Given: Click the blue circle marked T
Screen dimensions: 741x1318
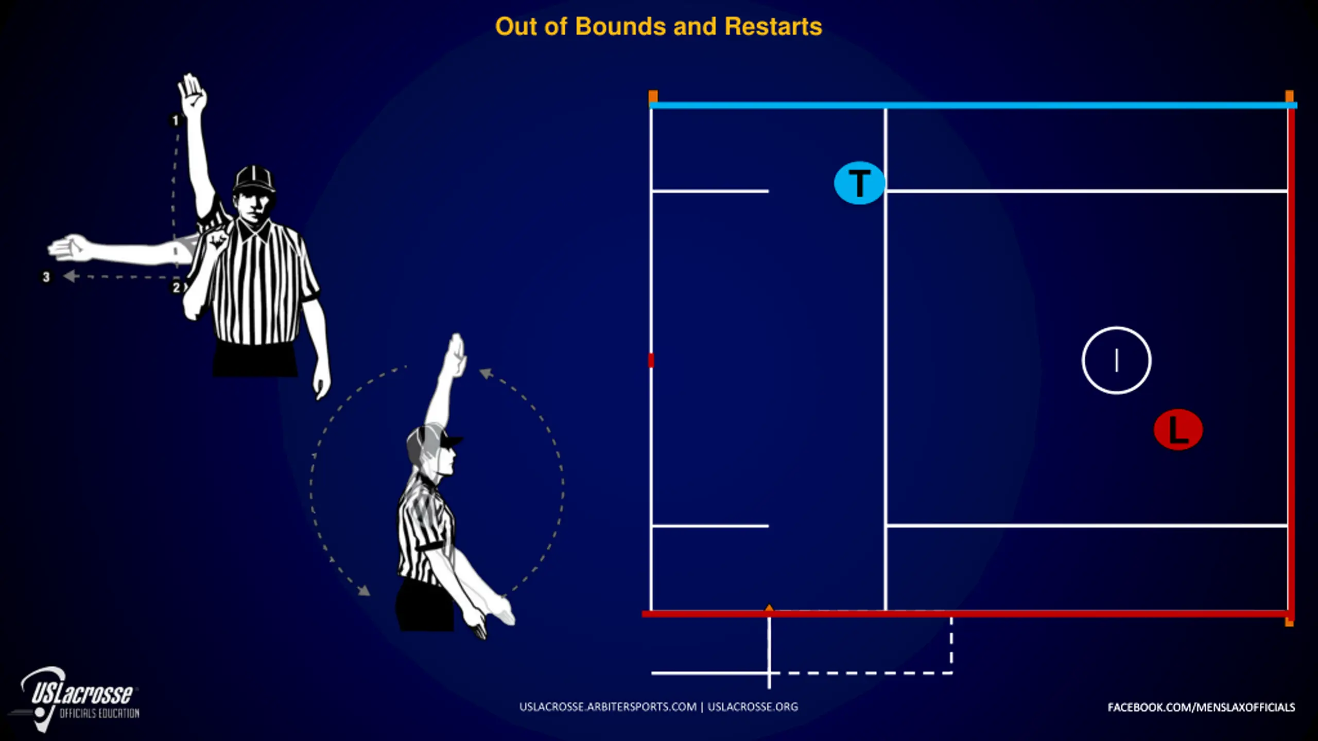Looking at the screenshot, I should [x=859, y=183].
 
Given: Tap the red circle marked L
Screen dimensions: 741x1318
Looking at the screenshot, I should [x=1178, y=430].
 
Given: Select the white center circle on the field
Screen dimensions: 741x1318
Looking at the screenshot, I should [x=1116, y=360].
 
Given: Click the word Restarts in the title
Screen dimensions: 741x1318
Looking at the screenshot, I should [x=773, y=27].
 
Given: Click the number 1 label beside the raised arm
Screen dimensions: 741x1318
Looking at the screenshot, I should [x=175, y=120].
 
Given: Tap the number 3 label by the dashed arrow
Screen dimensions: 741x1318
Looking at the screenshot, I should [x=46, y=277].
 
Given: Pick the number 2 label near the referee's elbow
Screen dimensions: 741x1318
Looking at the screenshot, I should [x=176, y=287].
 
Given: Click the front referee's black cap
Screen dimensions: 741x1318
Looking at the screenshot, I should [x=254, y=179].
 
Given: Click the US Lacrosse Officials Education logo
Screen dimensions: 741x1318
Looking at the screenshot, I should [x=77, y=699].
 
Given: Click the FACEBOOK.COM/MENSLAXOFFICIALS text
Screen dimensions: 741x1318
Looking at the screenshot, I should [x=1201, y=708].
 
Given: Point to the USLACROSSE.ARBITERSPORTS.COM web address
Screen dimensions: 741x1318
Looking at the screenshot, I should [x=608, y=707].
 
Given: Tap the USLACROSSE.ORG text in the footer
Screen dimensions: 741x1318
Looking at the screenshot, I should [x=753, y=707].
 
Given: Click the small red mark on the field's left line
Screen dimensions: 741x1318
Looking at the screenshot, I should [x=651, y=360].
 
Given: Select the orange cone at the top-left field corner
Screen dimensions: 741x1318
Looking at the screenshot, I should [x=653, y=96].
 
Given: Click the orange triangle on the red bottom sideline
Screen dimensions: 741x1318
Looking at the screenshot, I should [x=769, y=609].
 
